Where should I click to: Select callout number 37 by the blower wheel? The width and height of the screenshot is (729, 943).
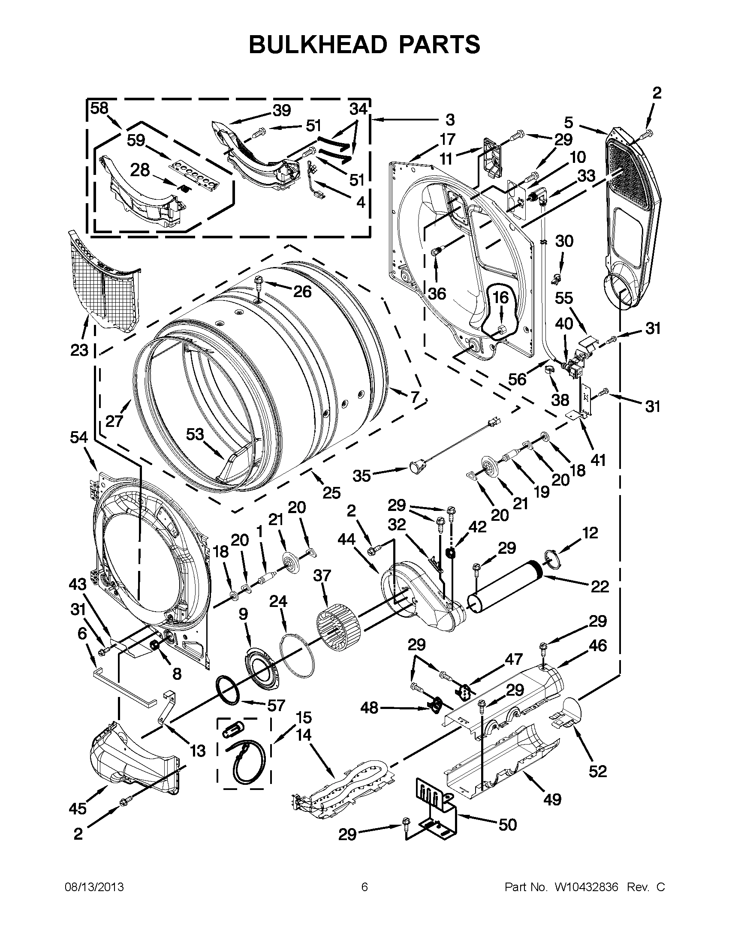click(322, 576)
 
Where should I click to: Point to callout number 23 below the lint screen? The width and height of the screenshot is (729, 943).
click(79, 350)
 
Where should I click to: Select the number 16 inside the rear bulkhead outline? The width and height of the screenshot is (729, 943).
click(500, 297)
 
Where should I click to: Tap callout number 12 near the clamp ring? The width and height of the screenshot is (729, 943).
click(590, 533)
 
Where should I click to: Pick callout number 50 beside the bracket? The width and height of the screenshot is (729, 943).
click(508, 825)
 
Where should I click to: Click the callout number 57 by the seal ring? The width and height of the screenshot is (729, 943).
click(276, 706)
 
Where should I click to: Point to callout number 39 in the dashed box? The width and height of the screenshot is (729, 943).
click(282, 111)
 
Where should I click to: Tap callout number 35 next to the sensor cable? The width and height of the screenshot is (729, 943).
click(361, 476)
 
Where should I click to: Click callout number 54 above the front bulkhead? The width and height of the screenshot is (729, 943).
click(79, 438)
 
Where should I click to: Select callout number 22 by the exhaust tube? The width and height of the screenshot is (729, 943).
click(600, 586)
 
